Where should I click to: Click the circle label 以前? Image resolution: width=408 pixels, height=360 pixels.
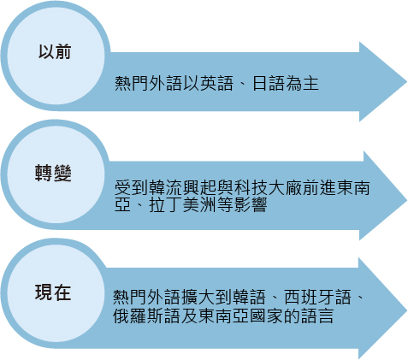tap(55, 52)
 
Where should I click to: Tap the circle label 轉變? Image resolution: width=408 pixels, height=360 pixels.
tap(53, 173)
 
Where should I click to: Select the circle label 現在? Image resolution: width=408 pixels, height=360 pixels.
tap(53, 292)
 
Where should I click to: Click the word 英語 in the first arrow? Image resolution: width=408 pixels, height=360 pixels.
tap(216, 84)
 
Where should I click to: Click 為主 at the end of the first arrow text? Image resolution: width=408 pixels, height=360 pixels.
tap(302, 84)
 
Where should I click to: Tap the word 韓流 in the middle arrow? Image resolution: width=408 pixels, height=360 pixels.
tap(166, 187)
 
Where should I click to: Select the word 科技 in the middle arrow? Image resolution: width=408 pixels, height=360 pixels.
tap(251, 187)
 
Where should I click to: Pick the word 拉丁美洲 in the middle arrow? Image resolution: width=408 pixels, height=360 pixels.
tap(182, 204)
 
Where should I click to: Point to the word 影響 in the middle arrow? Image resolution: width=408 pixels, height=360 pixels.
tap(251, 204)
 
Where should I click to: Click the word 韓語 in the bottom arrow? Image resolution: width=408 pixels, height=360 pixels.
tap(250, 297)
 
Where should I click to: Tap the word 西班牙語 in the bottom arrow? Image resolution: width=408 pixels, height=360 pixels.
tap(317, 297)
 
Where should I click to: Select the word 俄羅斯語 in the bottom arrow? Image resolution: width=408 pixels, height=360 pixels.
tap(146, 316)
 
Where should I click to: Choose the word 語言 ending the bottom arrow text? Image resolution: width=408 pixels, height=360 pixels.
tap(317, 316)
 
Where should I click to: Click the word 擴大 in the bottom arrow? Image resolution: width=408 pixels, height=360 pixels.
tap(198, 297)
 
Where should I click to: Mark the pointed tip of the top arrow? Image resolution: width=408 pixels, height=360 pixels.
tap(407, 82)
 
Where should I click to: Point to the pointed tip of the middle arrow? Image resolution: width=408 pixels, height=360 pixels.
tap(407, 199)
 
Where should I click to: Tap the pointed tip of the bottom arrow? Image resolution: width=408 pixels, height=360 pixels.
tap(407, 310)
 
